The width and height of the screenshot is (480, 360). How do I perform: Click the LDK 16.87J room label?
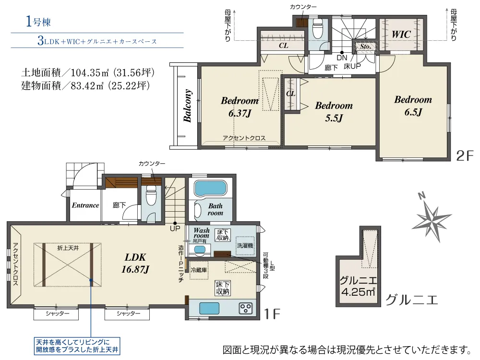coord(135,263)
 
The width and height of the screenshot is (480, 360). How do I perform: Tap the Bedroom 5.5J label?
coord(334,112)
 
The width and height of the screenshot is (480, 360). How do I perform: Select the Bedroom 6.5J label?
coord(413,106)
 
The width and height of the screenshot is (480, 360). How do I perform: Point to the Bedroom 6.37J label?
coord(240,107)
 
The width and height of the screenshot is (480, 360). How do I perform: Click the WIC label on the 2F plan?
coord(401,34)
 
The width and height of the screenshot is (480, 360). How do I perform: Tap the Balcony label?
coord(187,106)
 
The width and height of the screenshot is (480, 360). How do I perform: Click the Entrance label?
coord(85,205)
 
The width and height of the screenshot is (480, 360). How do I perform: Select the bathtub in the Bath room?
coord(211,189)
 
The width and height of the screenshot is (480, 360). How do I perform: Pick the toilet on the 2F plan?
coord(318,29)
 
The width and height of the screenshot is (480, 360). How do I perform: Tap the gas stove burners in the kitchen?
coord(246,308)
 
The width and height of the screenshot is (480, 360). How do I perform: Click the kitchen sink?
coord(209,308)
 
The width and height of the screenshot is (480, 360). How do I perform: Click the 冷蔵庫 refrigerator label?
coord(199,270)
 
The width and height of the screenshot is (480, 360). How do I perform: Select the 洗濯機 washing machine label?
coord(245,245)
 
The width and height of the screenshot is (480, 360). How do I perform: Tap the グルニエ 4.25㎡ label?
coord(358,286)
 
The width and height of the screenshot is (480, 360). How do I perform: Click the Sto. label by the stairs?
coord(365,47)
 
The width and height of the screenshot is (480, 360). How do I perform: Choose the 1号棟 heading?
coord(38,22)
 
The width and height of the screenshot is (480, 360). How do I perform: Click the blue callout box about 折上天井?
coord(77,346)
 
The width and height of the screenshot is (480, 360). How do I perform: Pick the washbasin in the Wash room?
coord(200,250)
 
